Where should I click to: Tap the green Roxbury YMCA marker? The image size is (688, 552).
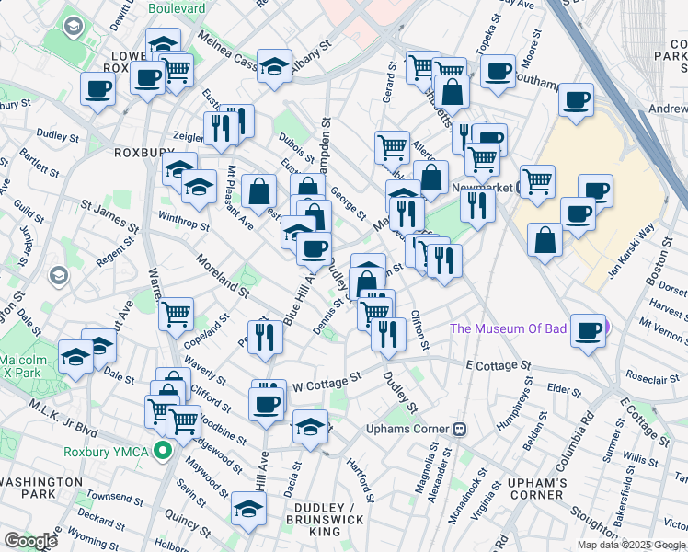[164, 451]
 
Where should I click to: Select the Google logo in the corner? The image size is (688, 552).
[29, 540]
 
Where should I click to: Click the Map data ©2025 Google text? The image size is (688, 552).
[630, 545]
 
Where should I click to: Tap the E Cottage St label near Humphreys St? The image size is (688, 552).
[499, 365]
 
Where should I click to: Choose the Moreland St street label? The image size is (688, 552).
[222, 274]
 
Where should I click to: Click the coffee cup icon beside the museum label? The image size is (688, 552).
[588, 331]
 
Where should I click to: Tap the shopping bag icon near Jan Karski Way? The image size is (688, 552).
[545, 240]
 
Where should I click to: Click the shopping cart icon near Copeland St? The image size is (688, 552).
[176, 314]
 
